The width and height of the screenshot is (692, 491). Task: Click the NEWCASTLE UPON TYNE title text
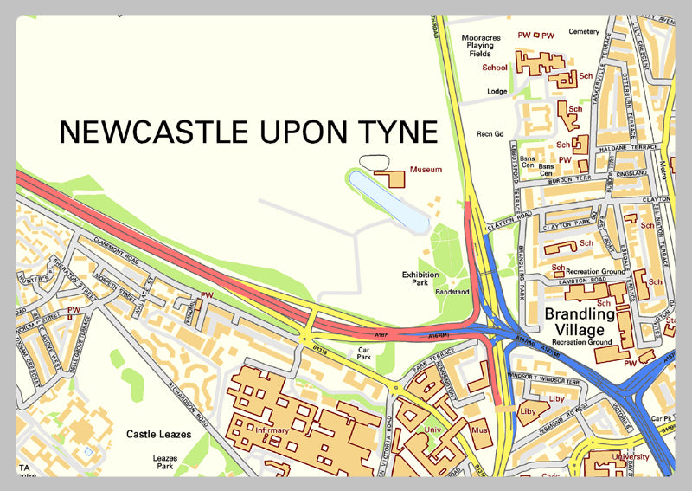[248, 132]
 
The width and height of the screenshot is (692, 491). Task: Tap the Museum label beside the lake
[426, 170]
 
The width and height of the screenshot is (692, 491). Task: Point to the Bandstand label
[452, 292]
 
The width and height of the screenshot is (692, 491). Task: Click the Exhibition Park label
[420, 277]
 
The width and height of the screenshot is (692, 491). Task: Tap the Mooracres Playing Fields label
[481, 45]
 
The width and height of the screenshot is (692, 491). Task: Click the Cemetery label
[584, 32]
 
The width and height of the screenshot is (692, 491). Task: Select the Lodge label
[497, 91]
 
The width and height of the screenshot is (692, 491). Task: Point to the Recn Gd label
[490, 133]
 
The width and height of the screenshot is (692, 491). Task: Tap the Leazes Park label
[164, 462]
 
